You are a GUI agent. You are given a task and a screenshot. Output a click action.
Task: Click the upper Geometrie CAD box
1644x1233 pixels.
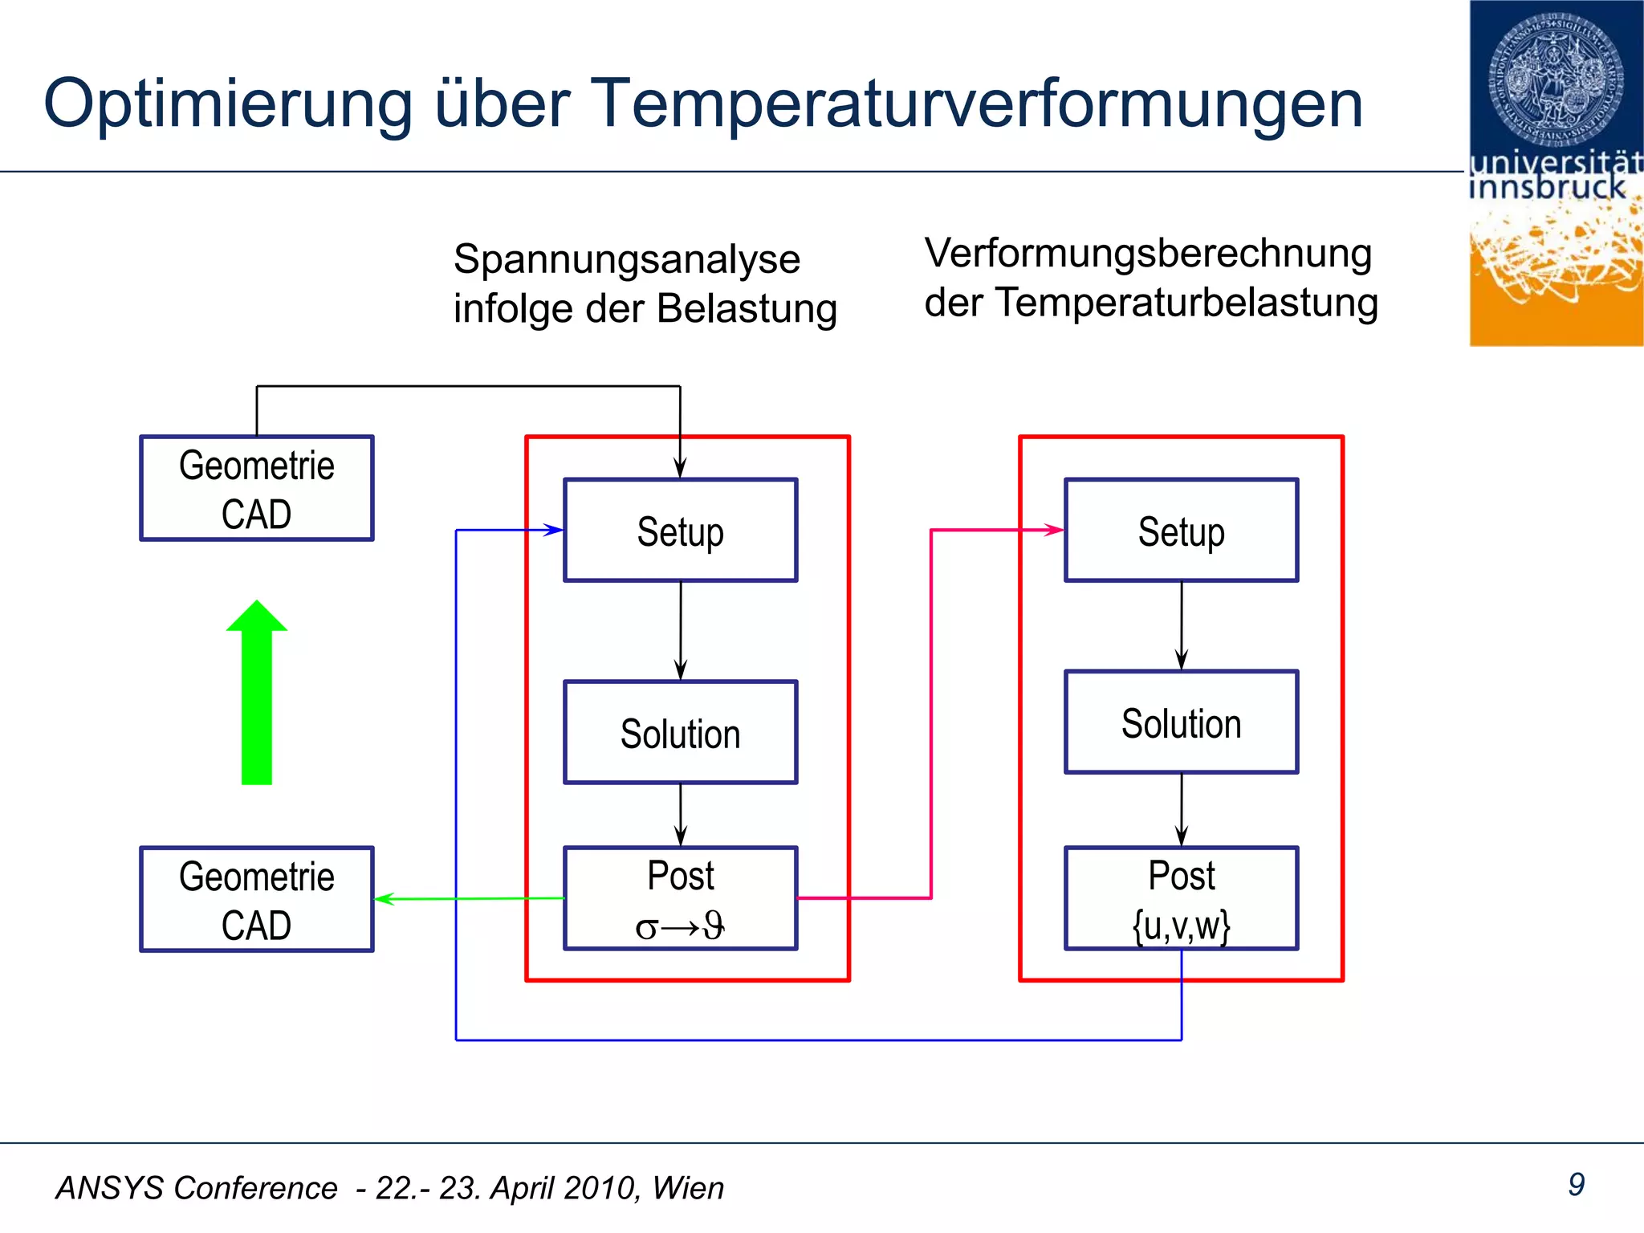tap(257, 488)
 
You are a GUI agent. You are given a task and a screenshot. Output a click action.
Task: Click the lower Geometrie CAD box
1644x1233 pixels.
tap(257, 899)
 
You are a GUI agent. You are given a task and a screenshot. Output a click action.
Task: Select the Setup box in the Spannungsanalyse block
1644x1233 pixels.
tap(681, 530)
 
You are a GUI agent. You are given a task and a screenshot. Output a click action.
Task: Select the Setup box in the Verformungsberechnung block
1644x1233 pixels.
tap(1181, 530)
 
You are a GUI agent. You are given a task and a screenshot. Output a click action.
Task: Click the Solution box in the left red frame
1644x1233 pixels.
tap(681, 732)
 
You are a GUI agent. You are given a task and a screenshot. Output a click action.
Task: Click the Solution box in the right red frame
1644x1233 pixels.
tap(1181, 722)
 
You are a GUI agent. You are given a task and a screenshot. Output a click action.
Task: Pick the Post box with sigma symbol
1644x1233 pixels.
tap(681, 898)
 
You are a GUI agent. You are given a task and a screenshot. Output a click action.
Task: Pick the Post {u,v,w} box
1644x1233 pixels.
tap(1181, 898)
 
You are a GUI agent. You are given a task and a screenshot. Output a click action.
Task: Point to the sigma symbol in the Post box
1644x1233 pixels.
tap(646, 929)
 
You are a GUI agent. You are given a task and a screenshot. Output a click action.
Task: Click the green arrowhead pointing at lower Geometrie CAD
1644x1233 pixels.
tap(385, 899)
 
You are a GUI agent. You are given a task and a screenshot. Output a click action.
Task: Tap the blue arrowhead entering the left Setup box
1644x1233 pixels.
tap(553, 530)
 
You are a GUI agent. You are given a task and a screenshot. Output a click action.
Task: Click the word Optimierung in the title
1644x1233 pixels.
tap(228, 104)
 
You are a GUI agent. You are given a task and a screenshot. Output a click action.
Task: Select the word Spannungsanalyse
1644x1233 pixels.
tap(627, 259)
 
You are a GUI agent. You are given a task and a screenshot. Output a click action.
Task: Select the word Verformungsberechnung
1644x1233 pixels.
tap(1148, 254)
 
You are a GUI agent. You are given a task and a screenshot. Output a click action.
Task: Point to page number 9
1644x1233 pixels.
tap(1576, 1184)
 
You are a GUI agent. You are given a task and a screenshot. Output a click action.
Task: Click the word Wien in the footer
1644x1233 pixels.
tap(688, 1188)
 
